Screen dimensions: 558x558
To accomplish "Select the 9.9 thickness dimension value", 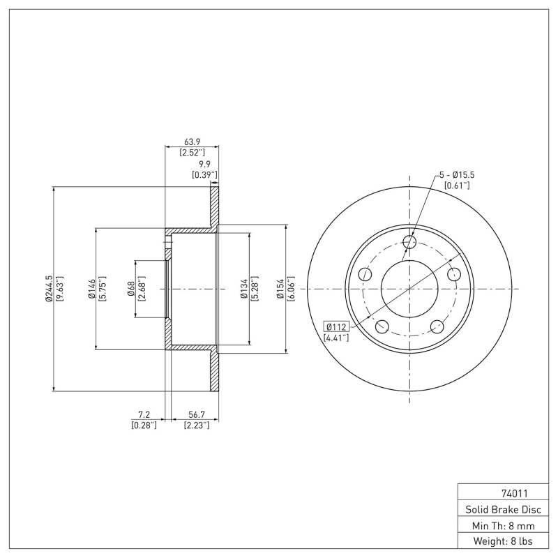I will point(204,165).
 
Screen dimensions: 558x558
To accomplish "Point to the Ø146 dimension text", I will point(91,288).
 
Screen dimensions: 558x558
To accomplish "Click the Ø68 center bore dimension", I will point(130,288).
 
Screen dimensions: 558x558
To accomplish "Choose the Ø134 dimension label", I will point(243,288).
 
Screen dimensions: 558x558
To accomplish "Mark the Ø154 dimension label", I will point(280,288).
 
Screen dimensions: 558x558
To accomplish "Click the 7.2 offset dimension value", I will point(144,414).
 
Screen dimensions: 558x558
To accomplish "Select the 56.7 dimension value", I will point(196,414).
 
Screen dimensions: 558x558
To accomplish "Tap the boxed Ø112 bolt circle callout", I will point(336,327).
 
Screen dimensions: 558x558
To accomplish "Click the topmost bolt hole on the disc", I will point(410,242).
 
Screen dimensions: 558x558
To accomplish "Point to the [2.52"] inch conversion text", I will point(190,152).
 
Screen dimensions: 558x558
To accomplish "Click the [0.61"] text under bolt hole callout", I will point(457,185).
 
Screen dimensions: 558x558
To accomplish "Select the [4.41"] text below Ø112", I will point(336,338).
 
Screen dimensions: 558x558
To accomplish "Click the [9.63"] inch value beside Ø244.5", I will point(59,288).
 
